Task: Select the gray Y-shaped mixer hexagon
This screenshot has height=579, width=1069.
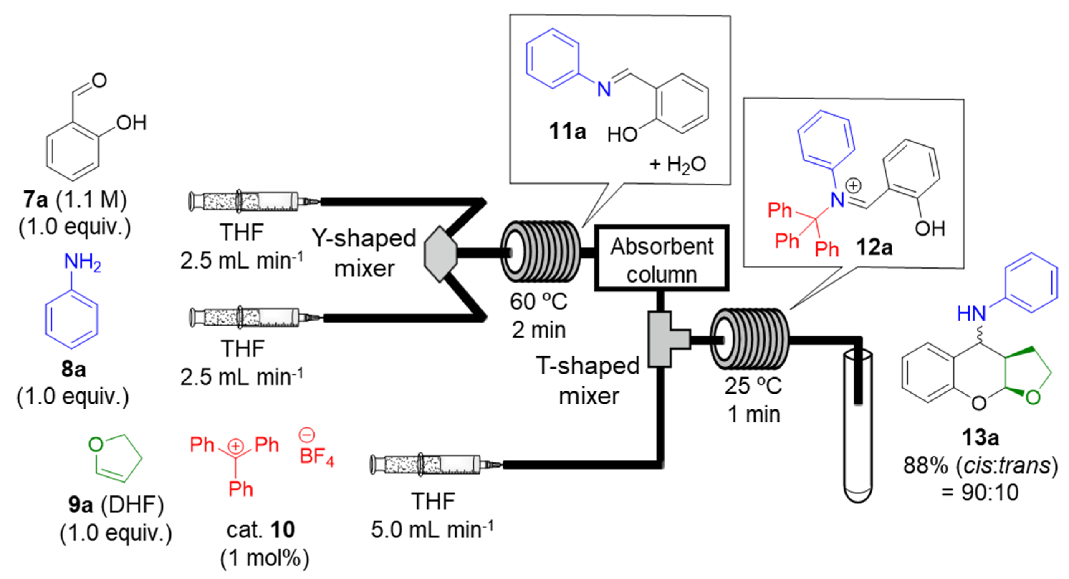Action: (440, 253)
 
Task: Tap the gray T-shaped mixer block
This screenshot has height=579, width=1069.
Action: (664, 340)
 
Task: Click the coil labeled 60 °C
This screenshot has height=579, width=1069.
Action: (540, 252)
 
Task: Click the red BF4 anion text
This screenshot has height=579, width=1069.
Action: (316, 456)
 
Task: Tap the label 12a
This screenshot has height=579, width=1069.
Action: (874, 247)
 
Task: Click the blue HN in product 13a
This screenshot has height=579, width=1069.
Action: (971, 314)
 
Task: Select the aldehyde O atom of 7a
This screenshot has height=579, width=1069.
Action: (99, 80)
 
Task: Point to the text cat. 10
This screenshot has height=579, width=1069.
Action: (260, 530)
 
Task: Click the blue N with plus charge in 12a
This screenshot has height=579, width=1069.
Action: (838, 200)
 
